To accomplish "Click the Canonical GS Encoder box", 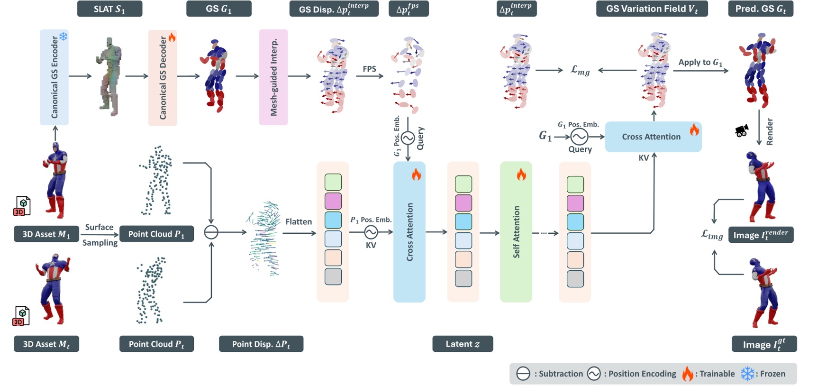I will (x=54, y=77).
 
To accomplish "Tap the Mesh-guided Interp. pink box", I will (x=273, y=77).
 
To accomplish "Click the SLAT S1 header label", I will (x=109, y=9).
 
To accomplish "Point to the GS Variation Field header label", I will (x=652, y=9).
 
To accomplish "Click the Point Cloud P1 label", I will (x=156, y=234).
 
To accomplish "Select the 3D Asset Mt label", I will (x=46, y=344).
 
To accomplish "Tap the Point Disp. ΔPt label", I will (x=261, y=344).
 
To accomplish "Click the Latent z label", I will (x=463, y=344).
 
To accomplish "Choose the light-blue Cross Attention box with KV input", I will (x=653, y=137).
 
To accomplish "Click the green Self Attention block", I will (x=516, y=232).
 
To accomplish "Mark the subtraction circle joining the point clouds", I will (x=211, y=232).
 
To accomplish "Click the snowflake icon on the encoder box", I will (x=63, y=36).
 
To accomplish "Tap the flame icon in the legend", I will (x=688, y=374).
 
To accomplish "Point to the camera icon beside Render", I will (x=742, y=130).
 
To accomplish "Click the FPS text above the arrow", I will (x=369, y=69).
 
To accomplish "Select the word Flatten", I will (x=299, y=221).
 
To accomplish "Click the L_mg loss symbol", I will (x=580, y=71).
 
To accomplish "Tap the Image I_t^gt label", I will (x=764, y=344).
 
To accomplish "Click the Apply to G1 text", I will (x=700, y=62).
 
